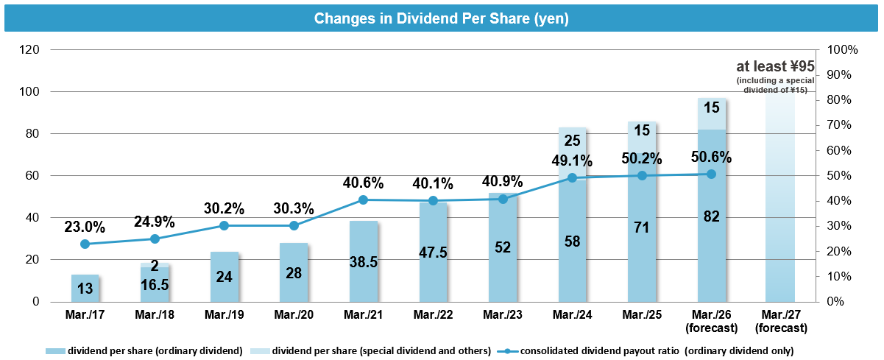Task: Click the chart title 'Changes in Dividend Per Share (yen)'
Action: click(x=442, y=18)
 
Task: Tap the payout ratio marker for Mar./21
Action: click(x=364, y=200)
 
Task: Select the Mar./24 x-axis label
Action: click(x=572, y=315)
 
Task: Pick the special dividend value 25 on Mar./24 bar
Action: click(x=572, y=141)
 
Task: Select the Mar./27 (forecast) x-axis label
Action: click(x=780, y=320)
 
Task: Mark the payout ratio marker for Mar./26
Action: click(x=711, y=174)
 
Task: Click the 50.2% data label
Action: click(x=642, y=158)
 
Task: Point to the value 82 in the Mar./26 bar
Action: click(x=711, y=216)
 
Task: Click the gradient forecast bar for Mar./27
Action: click(x=780, y=206)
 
